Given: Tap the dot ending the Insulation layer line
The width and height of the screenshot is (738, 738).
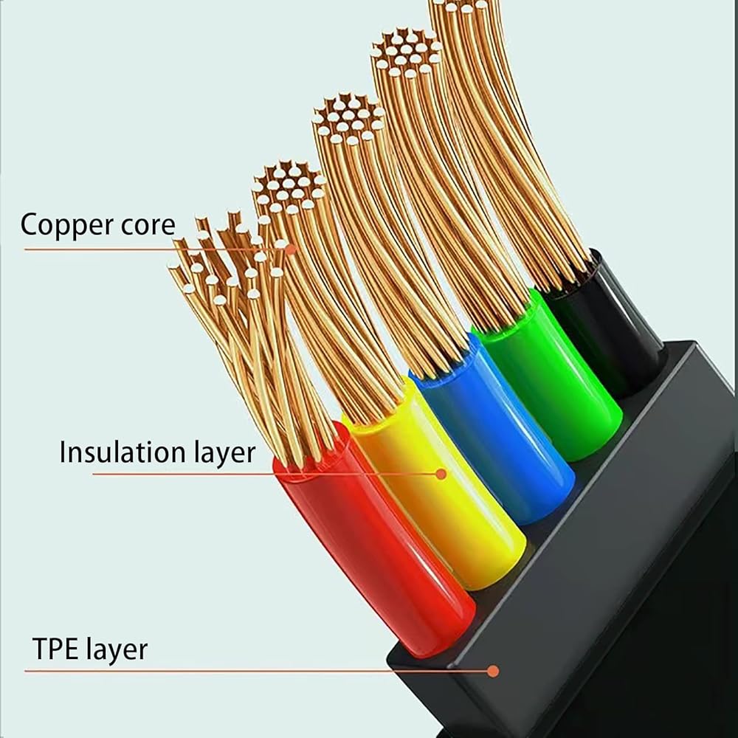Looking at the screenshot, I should (x=441, y=474).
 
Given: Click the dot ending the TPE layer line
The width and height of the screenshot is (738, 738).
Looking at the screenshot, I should (x=493, y=671).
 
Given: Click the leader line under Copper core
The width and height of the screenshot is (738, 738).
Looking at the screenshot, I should (x=148, y=249).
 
